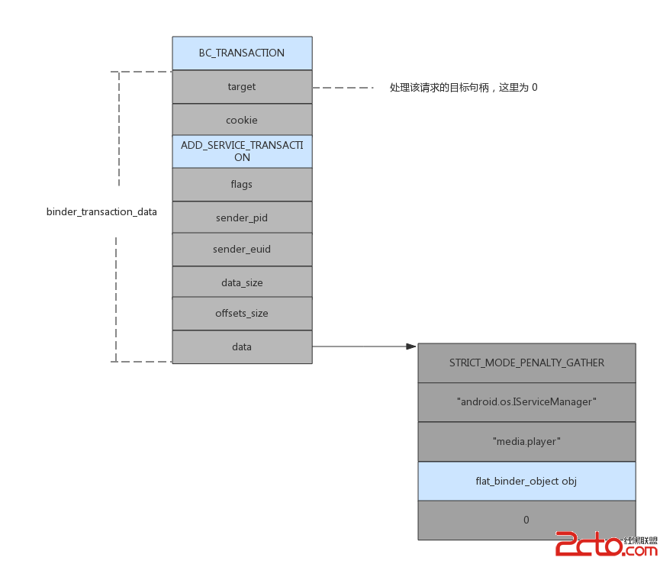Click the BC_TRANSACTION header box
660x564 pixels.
click(242, 53)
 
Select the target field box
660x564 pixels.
click(242, 87)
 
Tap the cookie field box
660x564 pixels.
click(242, 120)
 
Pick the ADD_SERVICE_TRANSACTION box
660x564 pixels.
click(242, 151)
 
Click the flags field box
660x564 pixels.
click(242, 184)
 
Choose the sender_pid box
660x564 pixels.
click(242, 218)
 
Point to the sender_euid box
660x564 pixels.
click(242, 249)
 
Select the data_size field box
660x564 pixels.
click(242, 282)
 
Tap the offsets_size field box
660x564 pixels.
click(242, 313)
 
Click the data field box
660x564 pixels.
click(242, 346)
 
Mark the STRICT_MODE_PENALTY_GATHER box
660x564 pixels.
click(526, 363)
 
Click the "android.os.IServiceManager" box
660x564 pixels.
click(526, 401)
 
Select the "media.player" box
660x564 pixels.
click(526, 441)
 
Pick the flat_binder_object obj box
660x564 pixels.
click(526, 481)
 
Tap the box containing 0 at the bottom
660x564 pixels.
click(526, 520)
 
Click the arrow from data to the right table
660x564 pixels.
click(365, 346)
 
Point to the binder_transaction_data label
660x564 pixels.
click(101, 211)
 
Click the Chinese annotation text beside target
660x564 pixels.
click(463, 88)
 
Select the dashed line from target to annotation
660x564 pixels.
click(343, 88)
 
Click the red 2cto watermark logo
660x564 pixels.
click(588, 544)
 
